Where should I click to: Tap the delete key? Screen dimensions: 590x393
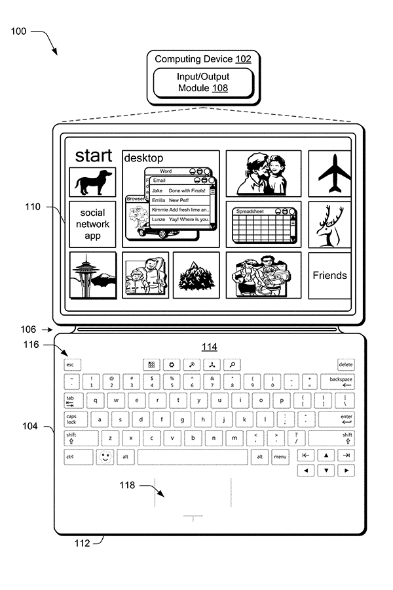tap(346, 364)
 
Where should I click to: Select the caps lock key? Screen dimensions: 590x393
tap(72, 419)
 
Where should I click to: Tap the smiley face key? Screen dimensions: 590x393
tap(105, 456)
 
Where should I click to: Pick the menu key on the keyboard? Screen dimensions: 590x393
tap(280, 456)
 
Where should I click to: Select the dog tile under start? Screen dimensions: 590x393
tap(92, 182)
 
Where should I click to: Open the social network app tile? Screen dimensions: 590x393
tap(92, 224)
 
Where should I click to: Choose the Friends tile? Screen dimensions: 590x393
tap(329, 276)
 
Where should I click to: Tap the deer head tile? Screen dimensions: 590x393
tap(329, 224)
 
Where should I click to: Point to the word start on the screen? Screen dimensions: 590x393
tap(93, 156)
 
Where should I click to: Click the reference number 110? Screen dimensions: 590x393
tap(33, 207)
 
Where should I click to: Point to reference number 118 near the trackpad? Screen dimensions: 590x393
tap(127, 486)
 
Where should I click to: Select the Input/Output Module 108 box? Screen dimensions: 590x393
tap(202, 82)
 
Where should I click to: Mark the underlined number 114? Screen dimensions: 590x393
tap(209, 347)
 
